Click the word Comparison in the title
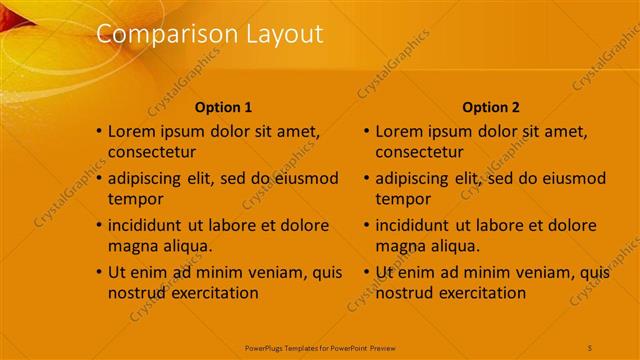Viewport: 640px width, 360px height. (x=155, y=34)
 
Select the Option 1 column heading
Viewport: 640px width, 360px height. (x=224, y=107)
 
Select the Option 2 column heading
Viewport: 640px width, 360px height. (x=491, y=107)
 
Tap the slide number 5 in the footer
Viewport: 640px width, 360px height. (x=590, y=347)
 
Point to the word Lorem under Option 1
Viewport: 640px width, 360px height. (x=132, y=130)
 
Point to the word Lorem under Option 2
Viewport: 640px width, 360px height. (x=399, y=130)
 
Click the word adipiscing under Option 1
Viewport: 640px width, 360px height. (x=149, y=178)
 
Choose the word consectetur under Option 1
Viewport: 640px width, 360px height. (x=152, y=152)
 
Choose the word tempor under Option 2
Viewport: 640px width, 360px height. (x=403, y=199)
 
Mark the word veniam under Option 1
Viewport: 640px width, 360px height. (x=273, y=272)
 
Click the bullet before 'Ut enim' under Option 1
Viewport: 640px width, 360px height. (x=99, y=272)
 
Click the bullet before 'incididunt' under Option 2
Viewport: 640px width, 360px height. (x=366, y=225)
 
